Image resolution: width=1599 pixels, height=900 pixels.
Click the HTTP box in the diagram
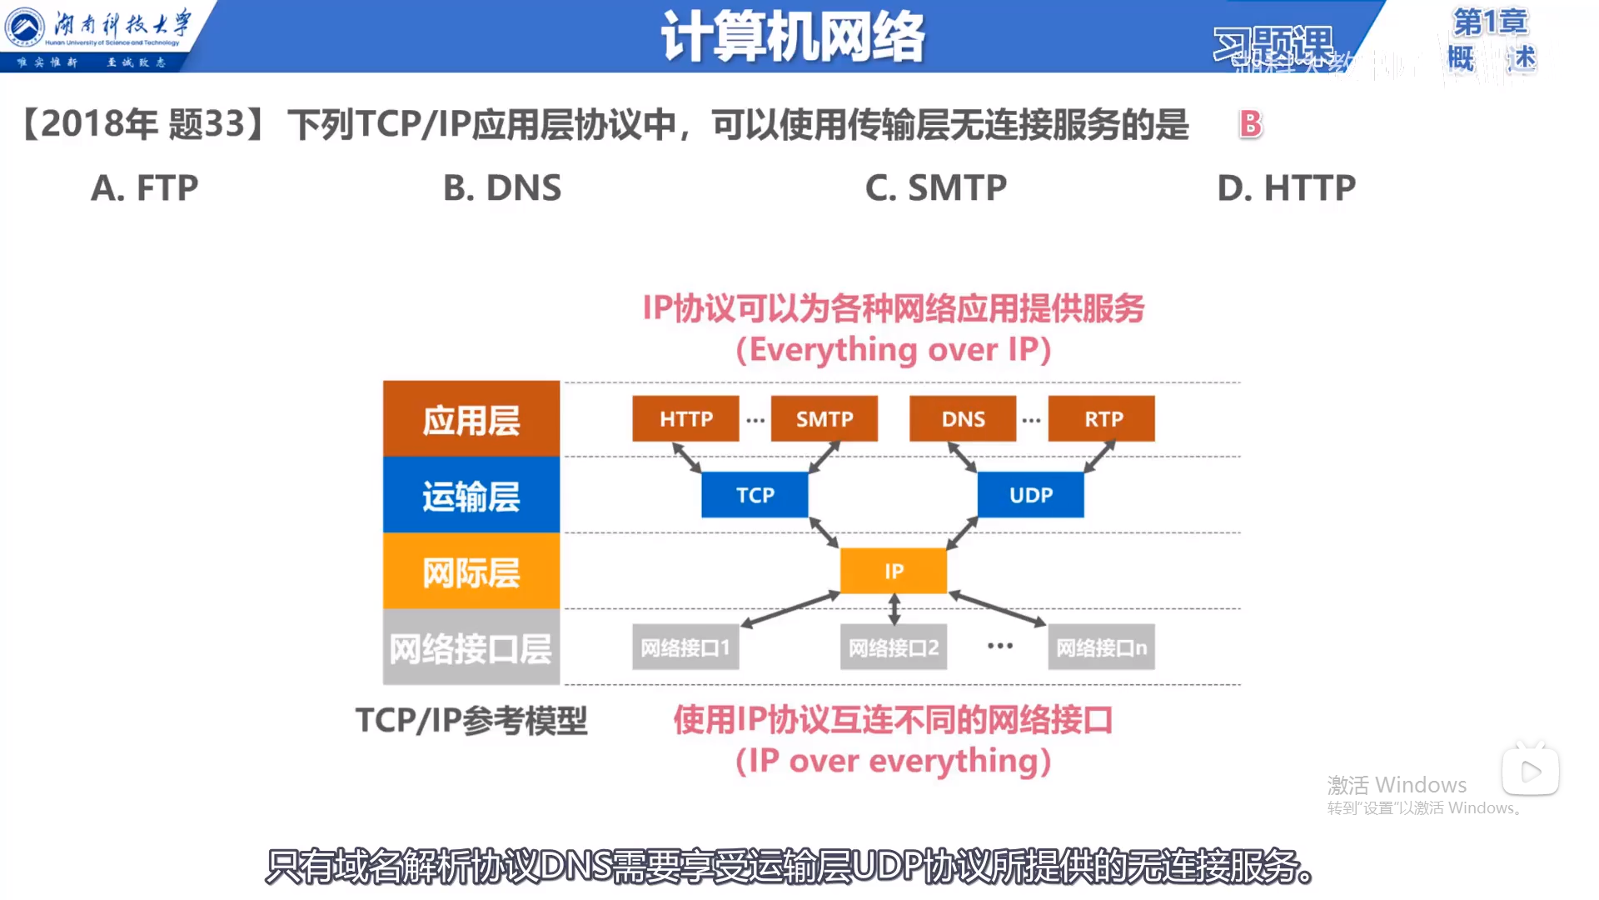pos(685,418)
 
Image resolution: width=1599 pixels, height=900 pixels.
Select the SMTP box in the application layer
pos(824,418)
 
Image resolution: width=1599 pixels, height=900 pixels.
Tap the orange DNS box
pos(963,418)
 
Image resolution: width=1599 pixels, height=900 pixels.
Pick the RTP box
pos(1102,418)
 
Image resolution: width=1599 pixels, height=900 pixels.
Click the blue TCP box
pos(755,495)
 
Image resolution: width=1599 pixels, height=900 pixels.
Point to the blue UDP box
pos(1031,495)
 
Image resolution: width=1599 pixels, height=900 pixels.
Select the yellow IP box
pos(894,571)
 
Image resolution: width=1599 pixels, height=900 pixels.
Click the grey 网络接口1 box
pos(685,647)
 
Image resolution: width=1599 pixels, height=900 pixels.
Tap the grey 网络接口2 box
pos(894,647)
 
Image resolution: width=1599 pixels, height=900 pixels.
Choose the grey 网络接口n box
pos(1101,647)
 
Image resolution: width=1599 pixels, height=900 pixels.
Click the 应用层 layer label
pos(471,420)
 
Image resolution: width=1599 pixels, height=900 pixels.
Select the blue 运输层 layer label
pos(471,496)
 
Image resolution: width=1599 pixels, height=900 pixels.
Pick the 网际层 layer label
pos(471,572)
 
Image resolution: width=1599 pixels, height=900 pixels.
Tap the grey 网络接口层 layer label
pos(471,648)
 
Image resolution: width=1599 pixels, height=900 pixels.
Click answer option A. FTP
pos(145,188)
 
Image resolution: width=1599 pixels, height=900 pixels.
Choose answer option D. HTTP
pos(1286,188)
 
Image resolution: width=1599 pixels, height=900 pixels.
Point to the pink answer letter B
pos(1250,124)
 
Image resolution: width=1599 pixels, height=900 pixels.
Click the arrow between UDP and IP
pos(962,533)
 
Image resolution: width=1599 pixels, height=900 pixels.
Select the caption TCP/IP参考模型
pos(471,721)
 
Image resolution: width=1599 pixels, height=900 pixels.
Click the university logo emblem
pos(25,27)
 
